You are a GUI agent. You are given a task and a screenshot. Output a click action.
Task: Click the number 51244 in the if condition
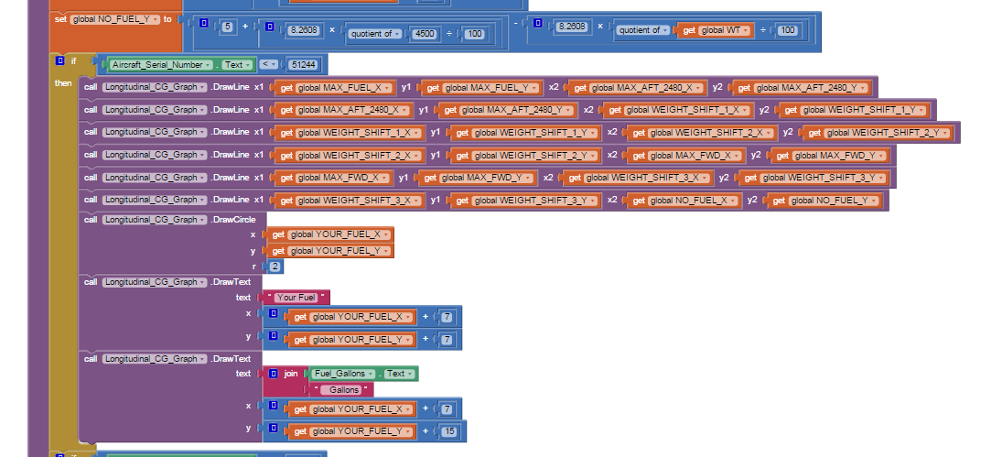301,65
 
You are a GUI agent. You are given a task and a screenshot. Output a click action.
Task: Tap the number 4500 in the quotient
425,34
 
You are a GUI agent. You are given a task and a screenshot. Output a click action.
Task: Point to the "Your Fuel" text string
295,297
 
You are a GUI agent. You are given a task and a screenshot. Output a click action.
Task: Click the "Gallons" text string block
344,389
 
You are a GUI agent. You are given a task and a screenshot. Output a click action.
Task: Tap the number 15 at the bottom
447,431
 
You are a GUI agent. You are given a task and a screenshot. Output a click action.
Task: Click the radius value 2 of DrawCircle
275,266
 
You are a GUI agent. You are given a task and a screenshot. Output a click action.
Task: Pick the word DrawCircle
238,219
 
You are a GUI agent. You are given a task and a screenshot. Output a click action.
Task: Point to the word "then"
63,84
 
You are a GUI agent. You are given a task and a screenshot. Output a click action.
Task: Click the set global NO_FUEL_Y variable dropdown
115,18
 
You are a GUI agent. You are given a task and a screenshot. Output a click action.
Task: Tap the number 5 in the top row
227,26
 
